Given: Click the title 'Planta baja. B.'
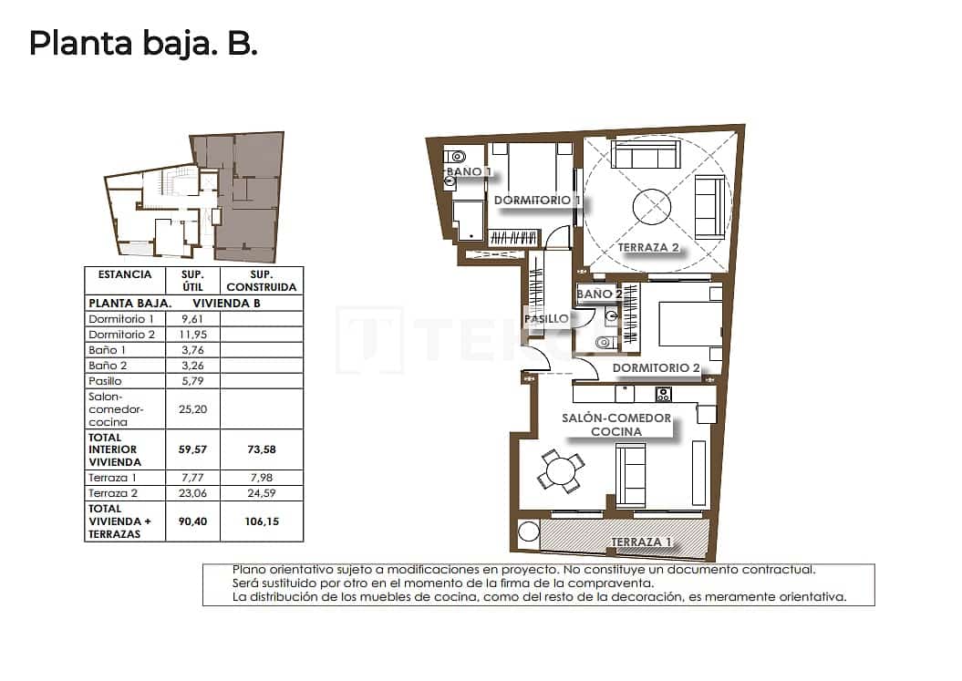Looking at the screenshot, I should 143,43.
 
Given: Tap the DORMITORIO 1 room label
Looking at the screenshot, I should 537,200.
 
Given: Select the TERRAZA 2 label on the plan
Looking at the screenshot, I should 648,247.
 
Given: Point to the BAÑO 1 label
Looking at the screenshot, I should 469,171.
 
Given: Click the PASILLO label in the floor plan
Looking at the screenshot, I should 546,319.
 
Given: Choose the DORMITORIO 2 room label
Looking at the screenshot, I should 656,368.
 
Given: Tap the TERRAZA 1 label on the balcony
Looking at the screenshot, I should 641,542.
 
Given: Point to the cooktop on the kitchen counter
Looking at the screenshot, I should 663,395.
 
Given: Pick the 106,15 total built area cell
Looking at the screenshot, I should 263,521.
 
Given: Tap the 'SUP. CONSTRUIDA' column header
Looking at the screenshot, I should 263,280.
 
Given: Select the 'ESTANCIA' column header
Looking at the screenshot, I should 125,274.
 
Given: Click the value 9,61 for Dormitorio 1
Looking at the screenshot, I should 192,319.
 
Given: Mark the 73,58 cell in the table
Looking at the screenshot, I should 263,449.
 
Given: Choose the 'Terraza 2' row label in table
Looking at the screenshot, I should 109,492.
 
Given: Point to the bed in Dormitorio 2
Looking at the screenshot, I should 685,325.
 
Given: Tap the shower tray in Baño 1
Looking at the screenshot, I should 466,220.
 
